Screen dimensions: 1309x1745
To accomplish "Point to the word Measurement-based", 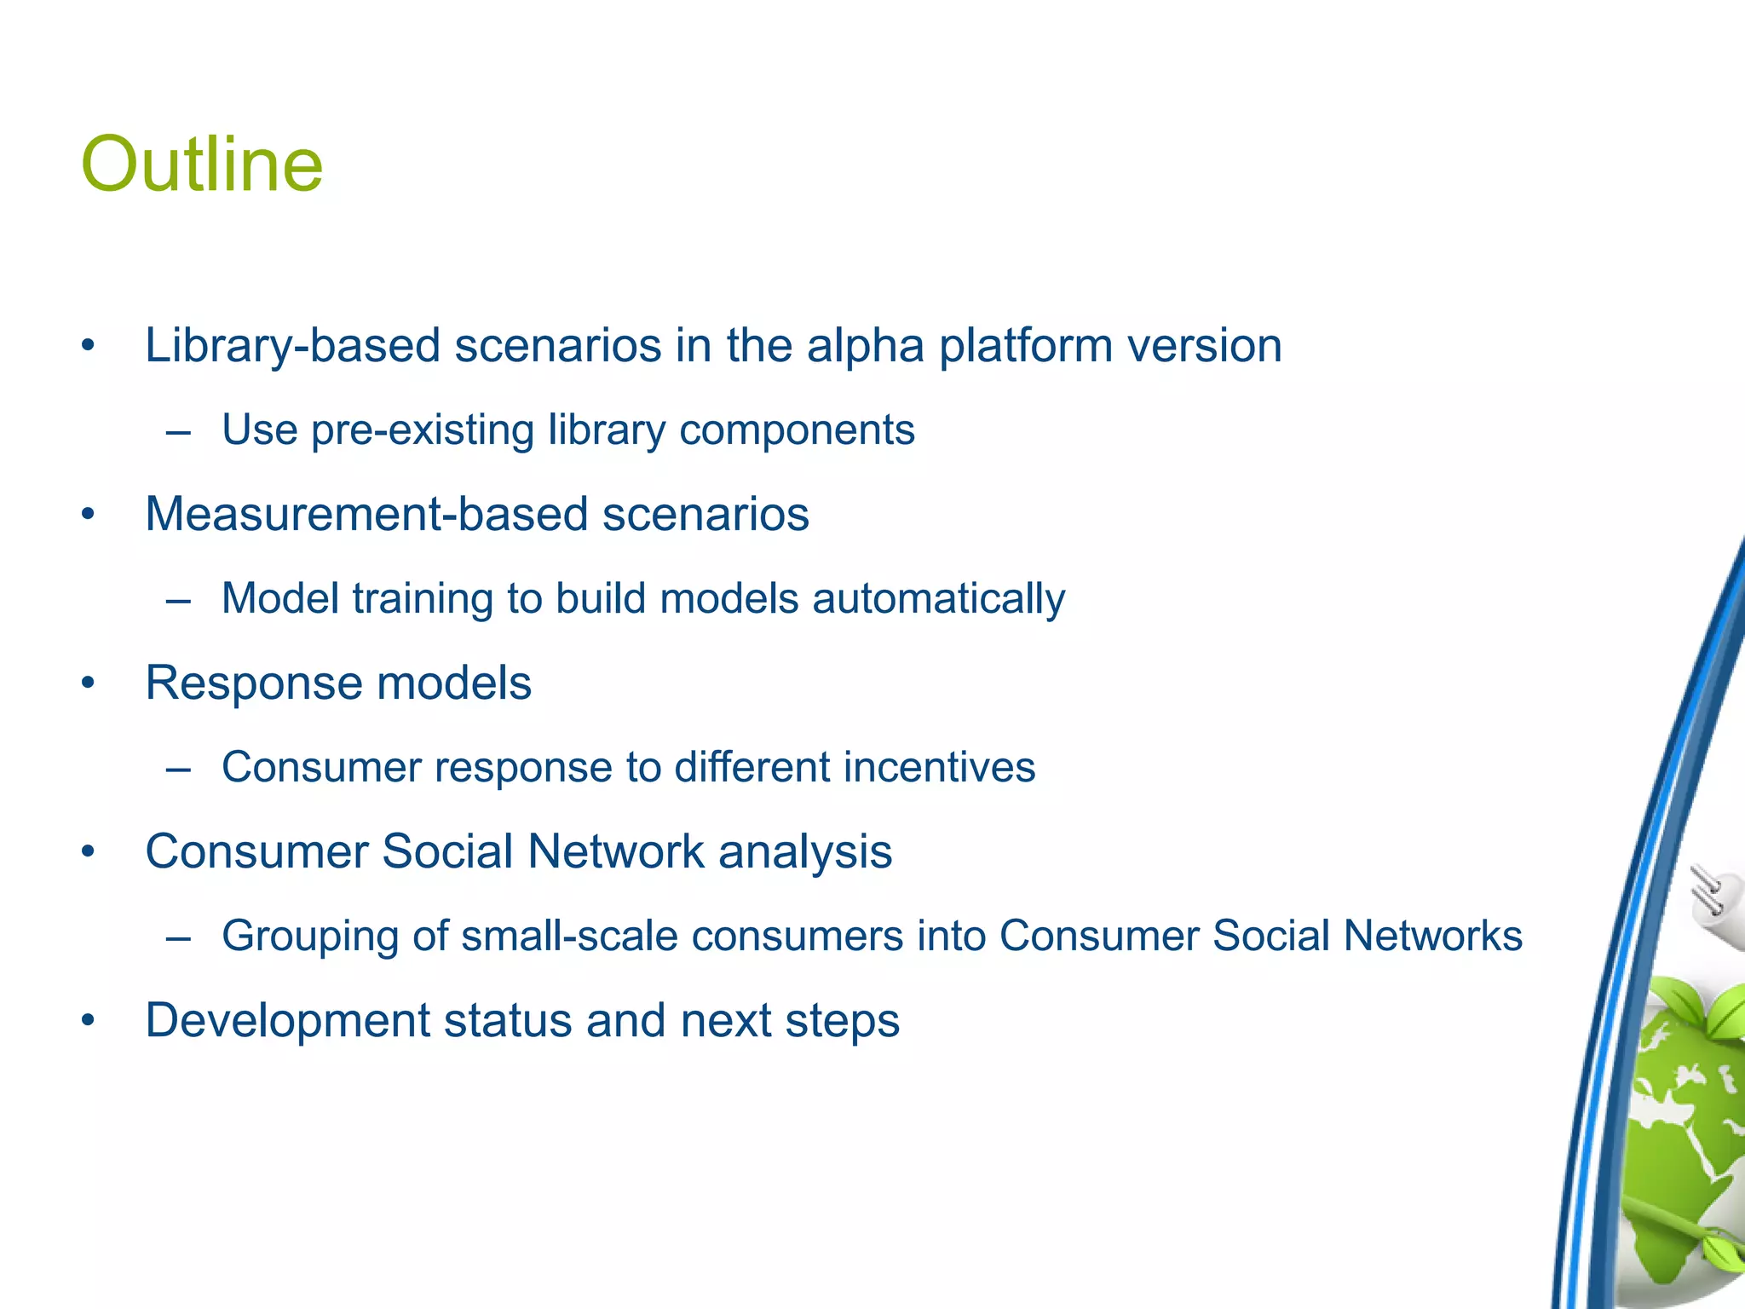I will tap(366, 515).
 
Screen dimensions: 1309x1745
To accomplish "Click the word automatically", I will tap(938, 598).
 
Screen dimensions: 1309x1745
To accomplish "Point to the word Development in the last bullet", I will tap(288, 1020).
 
